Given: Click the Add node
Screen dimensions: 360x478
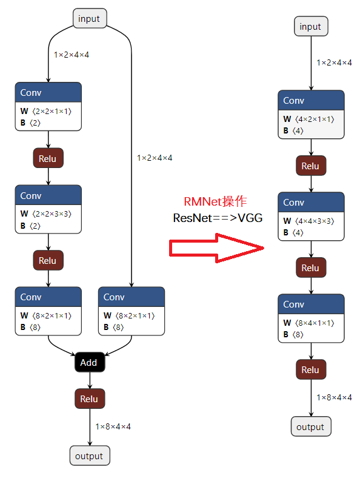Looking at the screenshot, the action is [90, 362].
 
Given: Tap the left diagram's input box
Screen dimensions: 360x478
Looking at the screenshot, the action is [90, 18].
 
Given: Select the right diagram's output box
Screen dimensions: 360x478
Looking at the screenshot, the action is [311, 426].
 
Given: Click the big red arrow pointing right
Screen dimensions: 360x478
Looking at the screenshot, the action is [216, 248].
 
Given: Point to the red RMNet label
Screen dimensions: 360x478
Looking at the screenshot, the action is [215, 201].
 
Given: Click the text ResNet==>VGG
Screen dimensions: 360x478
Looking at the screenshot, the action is [218, 218].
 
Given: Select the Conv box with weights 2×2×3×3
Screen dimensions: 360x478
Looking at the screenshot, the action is [48, 209].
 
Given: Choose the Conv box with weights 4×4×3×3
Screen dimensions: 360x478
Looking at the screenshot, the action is [311, 217].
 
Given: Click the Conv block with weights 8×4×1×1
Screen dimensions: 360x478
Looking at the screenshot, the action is [311, 318].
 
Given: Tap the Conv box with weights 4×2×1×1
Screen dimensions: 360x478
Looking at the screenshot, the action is [311, 115].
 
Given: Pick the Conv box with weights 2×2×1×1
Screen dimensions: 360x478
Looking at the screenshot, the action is [48, 106].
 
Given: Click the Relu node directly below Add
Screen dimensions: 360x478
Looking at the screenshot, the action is [90, 399].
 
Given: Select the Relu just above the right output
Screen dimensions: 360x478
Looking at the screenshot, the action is [311, 369].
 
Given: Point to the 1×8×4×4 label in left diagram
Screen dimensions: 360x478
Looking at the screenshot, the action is [113, 426].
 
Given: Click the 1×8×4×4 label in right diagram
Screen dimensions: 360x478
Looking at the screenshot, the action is [334, 397].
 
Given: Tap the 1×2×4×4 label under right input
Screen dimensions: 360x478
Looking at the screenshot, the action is [334, 63].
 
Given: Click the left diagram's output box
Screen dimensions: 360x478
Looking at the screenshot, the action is [90, 456].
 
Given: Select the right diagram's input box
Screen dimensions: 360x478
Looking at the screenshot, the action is [311, 26].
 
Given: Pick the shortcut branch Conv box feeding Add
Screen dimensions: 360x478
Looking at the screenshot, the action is [132, 311].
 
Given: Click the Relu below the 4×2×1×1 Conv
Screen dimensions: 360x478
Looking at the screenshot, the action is [311, 166].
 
